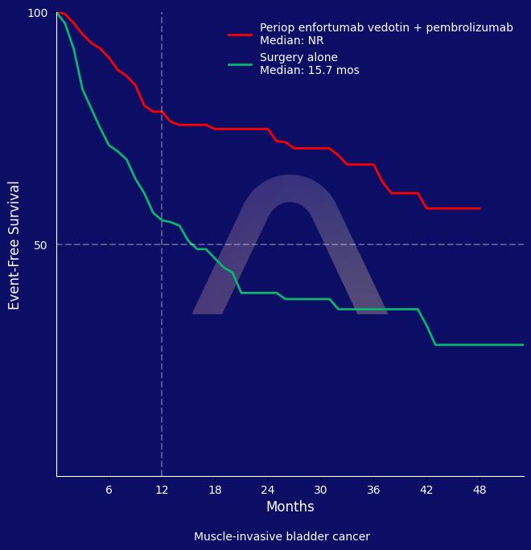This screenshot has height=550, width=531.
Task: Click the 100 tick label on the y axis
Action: point(38,13)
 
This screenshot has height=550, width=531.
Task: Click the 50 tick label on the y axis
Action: point(41,244)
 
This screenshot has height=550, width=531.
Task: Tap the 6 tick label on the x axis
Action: point(109,490)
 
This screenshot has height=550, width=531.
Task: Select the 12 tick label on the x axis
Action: point(162,490)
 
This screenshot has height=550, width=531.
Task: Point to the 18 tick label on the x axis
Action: point(215,490)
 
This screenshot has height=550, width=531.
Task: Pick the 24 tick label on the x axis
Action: point(268,490)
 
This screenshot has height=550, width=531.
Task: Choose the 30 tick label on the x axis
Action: point(320,490)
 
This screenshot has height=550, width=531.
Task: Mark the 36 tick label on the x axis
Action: point(373,490)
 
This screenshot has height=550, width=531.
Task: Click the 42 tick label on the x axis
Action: point(426,490)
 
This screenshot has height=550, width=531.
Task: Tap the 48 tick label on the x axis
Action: point(480,490)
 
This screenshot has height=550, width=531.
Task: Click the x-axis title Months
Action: point(290,507)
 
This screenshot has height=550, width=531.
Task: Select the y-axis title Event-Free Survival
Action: point(14,244)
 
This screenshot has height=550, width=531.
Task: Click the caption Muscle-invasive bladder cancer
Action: point(282,537)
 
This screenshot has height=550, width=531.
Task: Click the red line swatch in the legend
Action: point(240,35)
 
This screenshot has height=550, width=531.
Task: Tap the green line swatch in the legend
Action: point(240,64)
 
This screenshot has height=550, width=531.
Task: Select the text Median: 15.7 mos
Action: point(309,71)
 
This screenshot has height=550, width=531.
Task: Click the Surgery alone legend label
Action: point(298,58)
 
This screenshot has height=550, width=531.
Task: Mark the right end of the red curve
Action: point(480,208)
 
